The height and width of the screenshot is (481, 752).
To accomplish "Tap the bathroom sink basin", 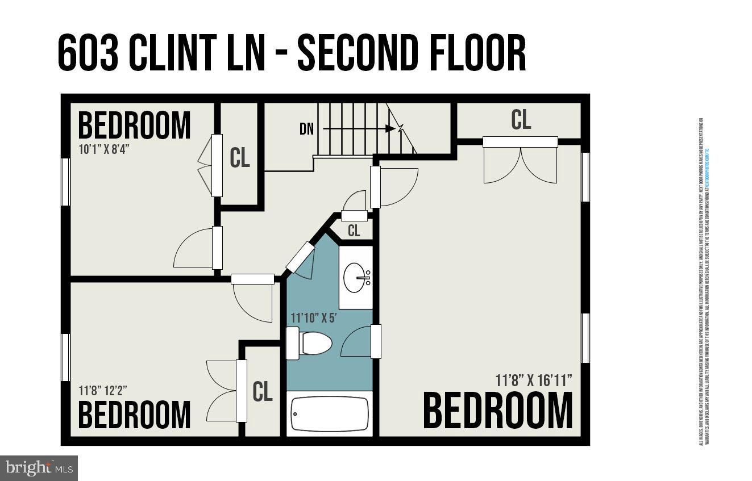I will click(355, 277).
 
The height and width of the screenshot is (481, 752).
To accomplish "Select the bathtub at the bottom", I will click(330, 414).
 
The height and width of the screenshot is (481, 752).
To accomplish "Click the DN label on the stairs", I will click(306, 129).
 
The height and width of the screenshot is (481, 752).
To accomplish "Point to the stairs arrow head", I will click(390, 129).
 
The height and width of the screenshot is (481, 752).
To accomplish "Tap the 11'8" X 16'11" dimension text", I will click(534, 380).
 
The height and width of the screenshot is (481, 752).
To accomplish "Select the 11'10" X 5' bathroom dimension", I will click(314, 317).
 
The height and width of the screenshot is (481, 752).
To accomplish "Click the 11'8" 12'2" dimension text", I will click(103, 391).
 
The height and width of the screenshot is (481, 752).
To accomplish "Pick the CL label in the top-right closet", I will click(521, 120).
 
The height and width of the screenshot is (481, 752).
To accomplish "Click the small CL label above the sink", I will click(354, 231).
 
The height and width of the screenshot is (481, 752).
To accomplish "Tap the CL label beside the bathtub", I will click(262, 391).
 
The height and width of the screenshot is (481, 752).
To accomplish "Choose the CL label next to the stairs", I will click(239, 157).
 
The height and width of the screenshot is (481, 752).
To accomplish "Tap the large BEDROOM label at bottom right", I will click(498, 411).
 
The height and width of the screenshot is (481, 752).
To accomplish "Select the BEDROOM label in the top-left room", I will click(134, 126).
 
